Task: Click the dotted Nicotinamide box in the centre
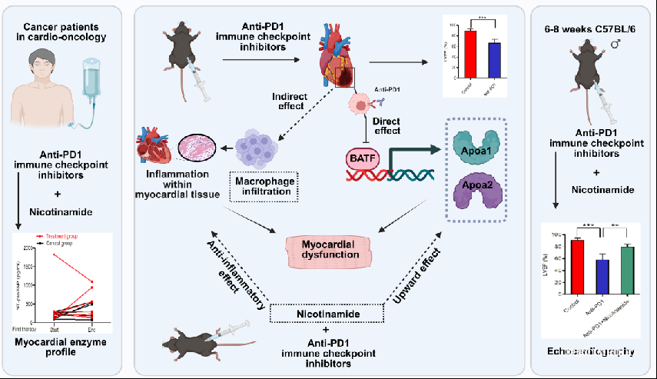pyautogui.click(x=327, y=314)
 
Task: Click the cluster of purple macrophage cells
pyautogui.click(x=264, y=143)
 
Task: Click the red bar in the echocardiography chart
pyautogui.click(x=576, y=261)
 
